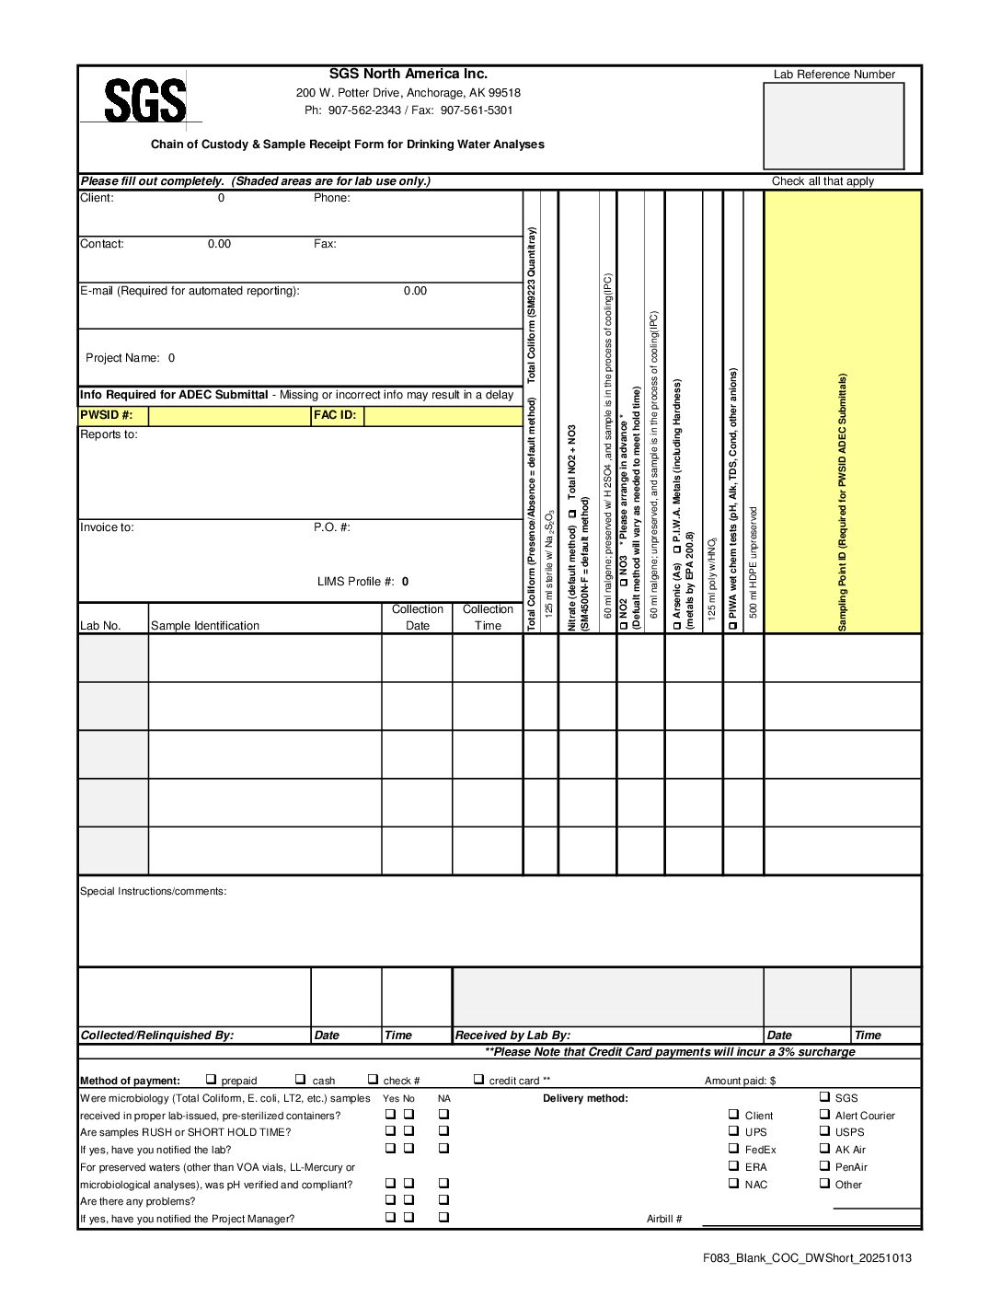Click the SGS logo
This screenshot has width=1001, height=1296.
pos(144,100)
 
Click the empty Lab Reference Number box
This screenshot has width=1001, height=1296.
pos(834,126)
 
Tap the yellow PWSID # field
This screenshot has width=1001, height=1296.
pos(229,416)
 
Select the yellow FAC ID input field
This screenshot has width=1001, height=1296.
pos(443,416)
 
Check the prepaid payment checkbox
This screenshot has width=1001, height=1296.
pos(211,1080)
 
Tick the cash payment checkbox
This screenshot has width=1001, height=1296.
pos(300,1080)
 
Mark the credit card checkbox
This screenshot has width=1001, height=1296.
pos(478,1080)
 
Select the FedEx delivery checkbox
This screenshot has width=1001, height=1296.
pos(733,1149)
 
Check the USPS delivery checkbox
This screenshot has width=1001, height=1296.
pos(824,1131)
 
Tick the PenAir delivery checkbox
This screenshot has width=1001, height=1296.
pos(824,1166)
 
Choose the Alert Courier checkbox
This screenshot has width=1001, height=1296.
pos(824,1115)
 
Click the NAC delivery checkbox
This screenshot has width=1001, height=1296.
pos(733,1184)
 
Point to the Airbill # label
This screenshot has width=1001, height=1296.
pos(664,1219)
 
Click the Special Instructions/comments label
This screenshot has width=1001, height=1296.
pos(153,891)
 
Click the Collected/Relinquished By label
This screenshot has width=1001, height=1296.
pos(156,1036)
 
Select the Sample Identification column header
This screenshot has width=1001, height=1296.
pos(205,626)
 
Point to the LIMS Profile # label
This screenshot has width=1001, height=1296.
pos(356,582)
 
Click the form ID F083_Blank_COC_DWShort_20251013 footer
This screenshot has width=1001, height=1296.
pos(807,1258)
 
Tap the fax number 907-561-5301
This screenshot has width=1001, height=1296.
pos(477,110)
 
